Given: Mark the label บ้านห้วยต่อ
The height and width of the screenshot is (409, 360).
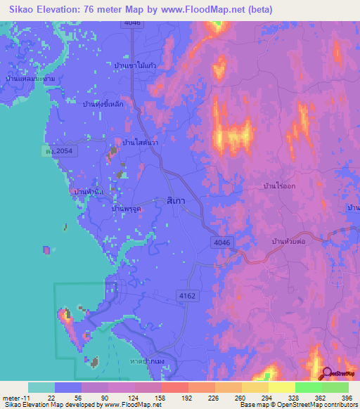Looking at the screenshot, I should click(290, 241).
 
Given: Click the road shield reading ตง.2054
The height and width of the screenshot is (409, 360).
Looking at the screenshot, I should click(57, 151).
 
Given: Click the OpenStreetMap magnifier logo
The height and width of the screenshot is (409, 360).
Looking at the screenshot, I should click(328, 374).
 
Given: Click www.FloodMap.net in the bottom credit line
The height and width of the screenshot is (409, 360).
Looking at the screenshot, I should click(132, 405).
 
